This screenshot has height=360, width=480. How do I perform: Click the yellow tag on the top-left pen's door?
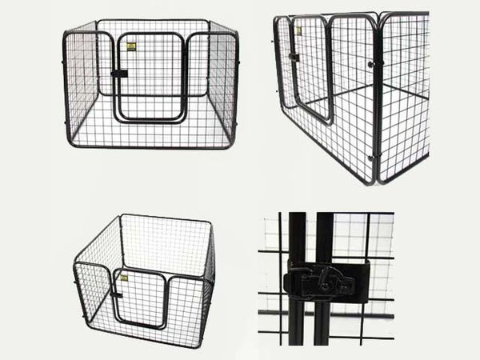[131, 46]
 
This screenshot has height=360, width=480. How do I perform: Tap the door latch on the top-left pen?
[119, 74]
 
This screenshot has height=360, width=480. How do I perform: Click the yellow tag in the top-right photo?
[298, 31]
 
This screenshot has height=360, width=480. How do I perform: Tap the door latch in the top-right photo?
[294, 58]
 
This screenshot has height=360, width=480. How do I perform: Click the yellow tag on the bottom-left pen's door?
[126, 276]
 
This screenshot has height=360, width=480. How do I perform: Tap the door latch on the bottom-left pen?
[116, 294]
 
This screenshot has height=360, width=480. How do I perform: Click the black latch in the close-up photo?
[324, 280]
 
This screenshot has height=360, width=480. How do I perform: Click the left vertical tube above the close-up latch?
[297, 236]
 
